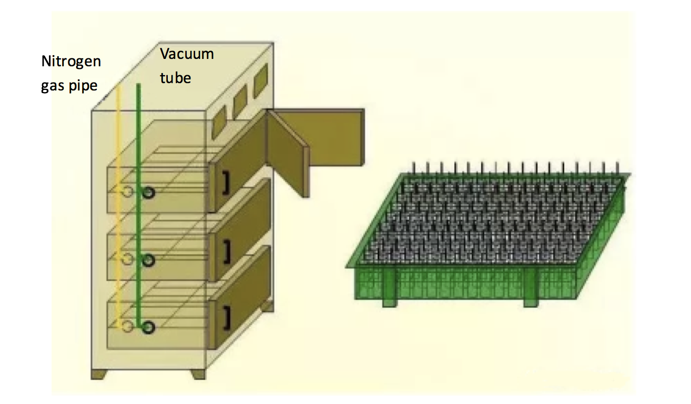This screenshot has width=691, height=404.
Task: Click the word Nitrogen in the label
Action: pos(71,62)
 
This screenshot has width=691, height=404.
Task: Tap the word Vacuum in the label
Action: pos(187,54)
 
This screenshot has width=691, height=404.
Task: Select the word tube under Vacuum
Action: pos(175,78)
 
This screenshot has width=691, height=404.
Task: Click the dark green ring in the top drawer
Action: pos(149,193)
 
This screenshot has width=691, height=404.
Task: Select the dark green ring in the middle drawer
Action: pos(149,260)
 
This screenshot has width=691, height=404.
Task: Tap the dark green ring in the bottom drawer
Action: pos(149,327)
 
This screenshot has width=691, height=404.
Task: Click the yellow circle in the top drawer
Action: pos(126,192)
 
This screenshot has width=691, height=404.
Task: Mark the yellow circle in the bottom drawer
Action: pos(126,327)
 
